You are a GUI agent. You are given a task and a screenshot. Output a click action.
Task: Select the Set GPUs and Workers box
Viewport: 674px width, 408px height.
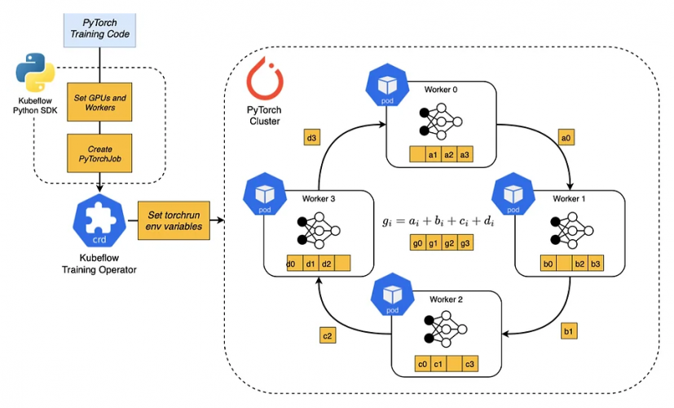pos(99,103)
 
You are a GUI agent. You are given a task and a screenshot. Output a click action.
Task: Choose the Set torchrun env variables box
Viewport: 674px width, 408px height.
pos(172,220)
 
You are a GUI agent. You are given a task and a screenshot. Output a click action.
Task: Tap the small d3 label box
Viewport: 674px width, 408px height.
pos(312,138)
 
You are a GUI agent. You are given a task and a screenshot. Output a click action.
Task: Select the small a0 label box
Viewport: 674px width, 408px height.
pos(567,138)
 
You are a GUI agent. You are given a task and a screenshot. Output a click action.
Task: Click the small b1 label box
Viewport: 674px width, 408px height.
pos(567,331)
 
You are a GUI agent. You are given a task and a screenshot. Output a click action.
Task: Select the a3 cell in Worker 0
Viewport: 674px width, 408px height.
pos(465,154)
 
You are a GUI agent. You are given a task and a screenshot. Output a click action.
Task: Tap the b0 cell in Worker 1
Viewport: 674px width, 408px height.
pos(548,264)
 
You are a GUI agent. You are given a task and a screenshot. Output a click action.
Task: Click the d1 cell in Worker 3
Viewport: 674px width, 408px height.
pos(309,264)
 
